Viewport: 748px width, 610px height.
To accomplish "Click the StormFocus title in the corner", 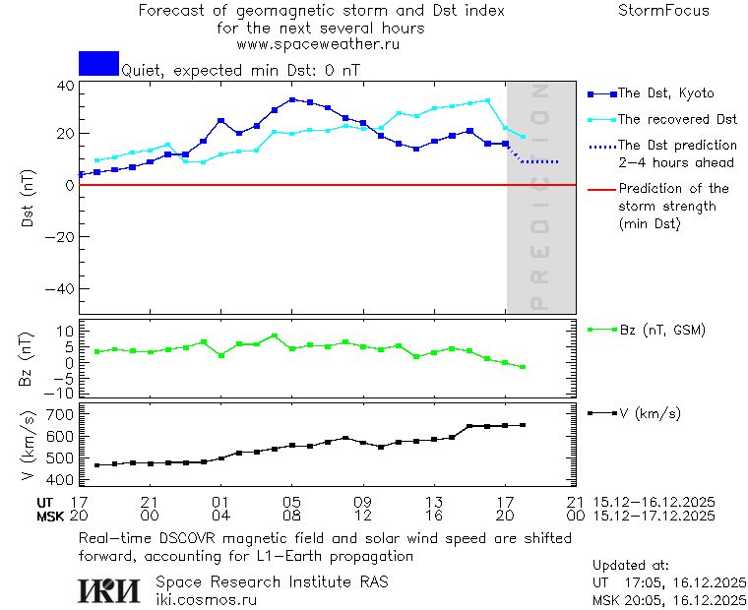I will click(663, 11).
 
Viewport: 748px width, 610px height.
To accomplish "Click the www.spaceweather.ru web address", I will click(318, 44).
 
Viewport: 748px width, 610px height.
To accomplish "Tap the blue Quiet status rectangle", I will click(98, 63).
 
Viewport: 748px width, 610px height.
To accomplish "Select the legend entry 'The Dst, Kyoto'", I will click(665, 93).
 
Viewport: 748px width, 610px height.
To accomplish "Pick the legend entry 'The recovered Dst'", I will click(677, 119).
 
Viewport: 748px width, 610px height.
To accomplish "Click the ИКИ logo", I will click(110, 589).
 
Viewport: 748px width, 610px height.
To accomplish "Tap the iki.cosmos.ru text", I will click(206, 599).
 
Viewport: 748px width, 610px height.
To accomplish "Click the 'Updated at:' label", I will click(631, 566).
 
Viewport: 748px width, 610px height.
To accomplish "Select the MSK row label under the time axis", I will click(49, 516).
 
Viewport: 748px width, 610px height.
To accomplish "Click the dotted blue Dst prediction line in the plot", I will click(541, 161).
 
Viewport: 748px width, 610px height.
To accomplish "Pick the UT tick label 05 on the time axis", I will click(291, 502).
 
